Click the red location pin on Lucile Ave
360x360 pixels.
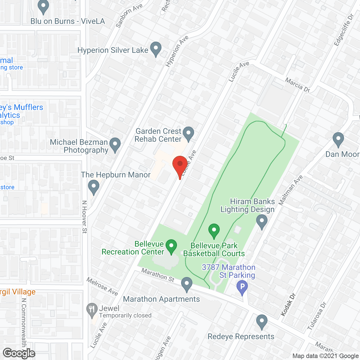tap(180, 165)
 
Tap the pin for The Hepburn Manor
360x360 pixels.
tap(94, 186)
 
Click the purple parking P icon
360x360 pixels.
tap(242, 287)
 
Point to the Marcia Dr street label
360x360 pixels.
tap(298, 85)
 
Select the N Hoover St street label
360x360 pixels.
tap(84, 217)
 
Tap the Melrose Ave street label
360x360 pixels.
tap(102, 286)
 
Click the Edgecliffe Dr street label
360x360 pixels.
tap(343, 30)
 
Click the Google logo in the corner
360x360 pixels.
tap(19, 353)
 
